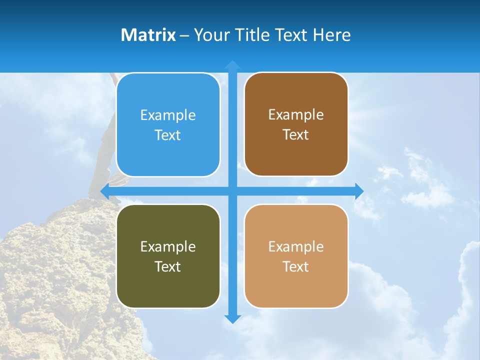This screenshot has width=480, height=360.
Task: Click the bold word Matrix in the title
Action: [x=148, y=35]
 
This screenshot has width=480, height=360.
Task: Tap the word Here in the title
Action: [x=331, y=35]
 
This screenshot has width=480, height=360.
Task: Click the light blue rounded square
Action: [x=168, y=125]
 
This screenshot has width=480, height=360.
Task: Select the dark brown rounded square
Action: [x=296, y=124]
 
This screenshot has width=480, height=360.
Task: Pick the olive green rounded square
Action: [x=168, y=256]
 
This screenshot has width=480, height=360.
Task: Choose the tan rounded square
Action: [x=296, y=256]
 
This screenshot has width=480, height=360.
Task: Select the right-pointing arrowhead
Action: [x=359, y=191]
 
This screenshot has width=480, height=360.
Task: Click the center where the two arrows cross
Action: [x=232, y=191]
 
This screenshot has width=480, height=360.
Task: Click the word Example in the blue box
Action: [x=168, y=115]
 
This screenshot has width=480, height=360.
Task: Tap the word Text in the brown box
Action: [x=296, y=135]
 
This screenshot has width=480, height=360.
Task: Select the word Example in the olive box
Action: [x=168, y=246]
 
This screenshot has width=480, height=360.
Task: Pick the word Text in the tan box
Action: [x=296, y=266]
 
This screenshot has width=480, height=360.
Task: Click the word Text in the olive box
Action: [x=168, y=266]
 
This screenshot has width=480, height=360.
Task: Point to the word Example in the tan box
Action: [x=296, y=246]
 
